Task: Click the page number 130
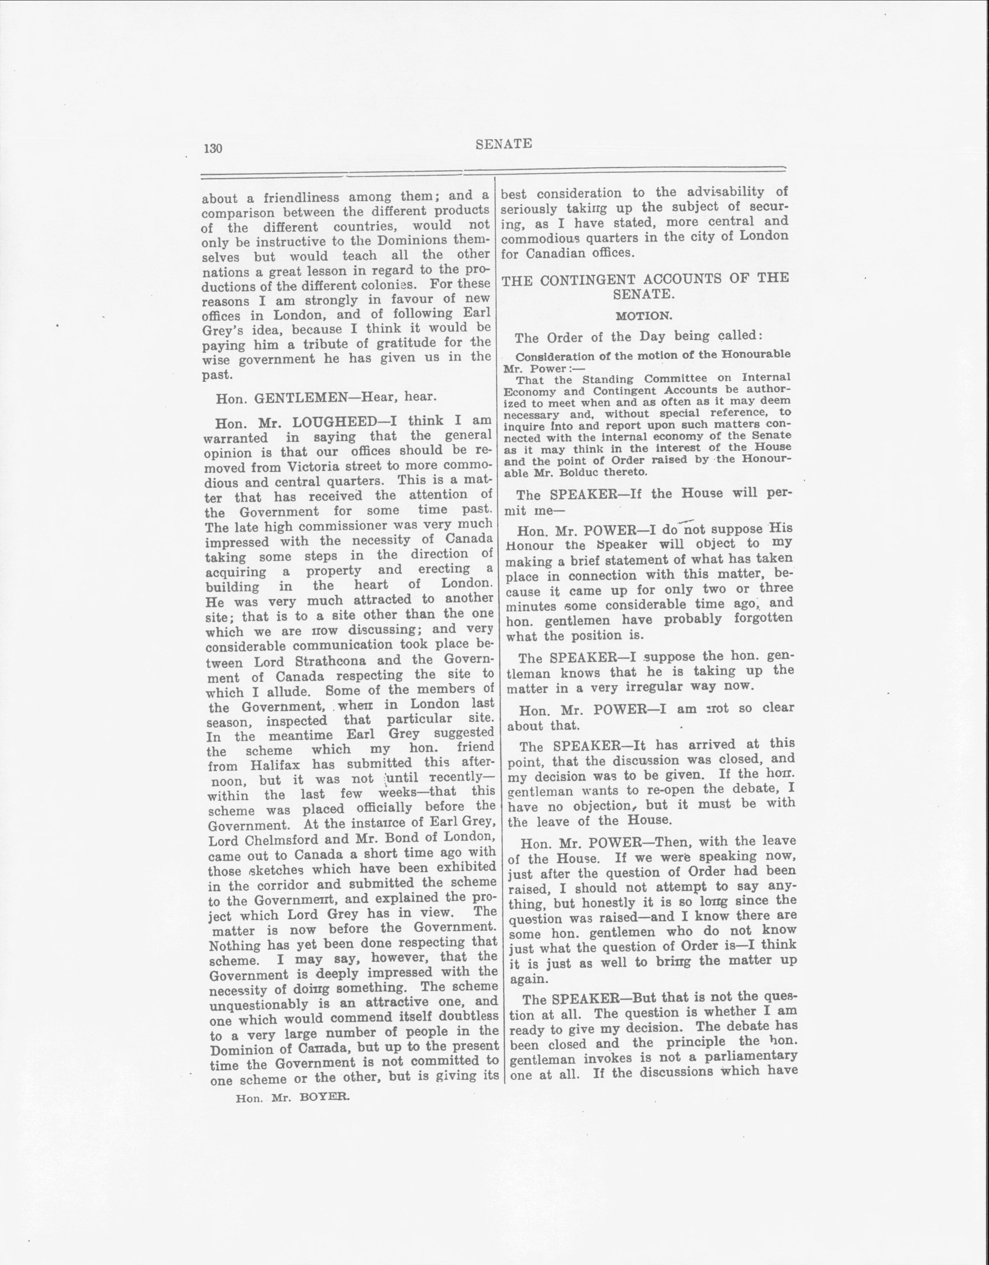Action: click(x=213, y=148)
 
